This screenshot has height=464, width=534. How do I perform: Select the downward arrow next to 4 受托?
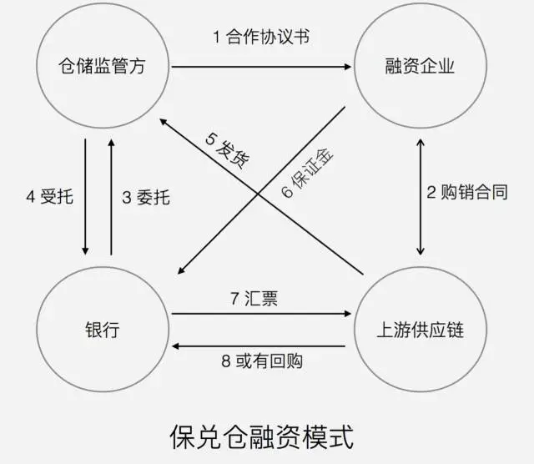(85, 198)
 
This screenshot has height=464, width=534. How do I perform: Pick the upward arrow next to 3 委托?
(111, 198)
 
